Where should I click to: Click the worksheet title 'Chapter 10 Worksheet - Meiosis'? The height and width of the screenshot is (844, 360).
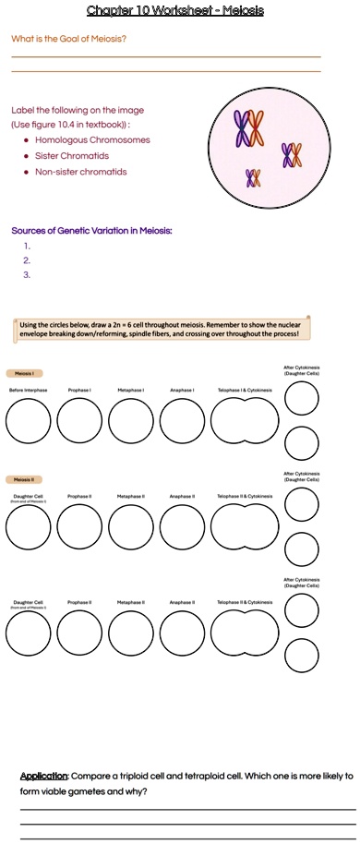(x=174, y=10)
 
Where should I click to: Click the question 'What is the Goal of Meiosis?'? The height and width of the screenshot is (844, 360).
(x=69, y=39)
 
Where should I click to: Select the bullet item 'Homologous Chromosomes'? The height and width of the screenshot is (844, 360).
(x=92, y=140)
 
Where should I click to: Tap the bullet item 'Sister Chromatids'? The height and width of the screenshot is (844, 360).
(x=72, y=156)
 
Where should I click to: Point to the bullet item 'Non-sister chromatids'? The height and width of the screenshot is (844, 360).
(x=81, y=172)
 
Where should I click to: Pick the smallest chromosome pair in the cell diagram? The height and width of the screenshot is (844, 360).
(x=254, y=177)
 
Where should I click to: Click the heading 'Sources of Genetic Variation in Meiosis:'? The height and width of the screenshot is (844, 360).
(x=92, y=230)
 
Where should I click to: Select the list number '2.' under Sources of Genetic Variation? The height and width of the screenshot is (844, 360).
(x=28, y=260)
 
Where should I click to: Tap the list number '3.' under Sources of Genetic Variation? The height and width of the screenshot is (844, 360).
(x=28, y=274)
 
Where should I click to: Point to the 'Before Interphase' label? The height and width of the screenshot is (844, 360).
(x=28, y=391)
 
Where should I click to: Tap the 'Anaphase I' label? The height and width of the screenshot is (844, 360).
(x=181, y=391)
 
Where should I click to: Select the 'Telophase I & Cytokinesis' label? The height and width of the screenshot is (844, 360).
(x=245, y=391)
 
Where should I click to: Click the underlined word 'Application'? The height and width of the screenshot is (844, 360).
(x=43, y=776)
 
